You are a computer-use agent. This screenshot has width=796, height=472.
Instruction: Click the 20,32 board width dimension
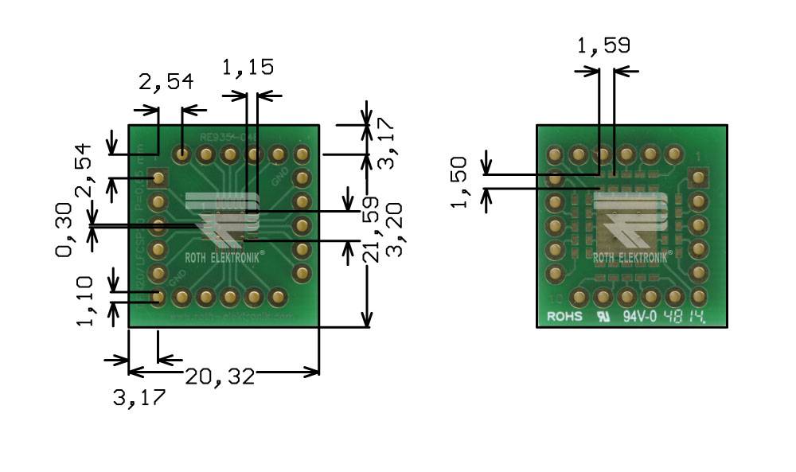tap(220, 376)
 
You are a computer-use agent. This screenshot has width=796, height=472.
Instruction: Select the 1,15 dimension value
tap(248, 67)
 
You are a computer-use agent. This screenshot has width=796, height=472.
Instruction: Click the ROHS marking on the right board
tap(564, 317)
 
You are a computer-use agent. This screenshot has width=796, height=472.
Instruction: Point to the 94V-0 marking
tap(638, 317)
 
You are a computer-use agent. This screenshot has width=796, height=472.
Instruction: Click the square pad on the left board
tap(158, 177)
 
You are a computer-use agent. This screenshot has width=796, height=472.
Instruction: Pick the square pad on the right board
tap(698, 177)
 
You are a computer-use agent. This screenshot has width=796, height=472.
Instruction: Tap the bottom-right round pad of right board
tap(698, 298)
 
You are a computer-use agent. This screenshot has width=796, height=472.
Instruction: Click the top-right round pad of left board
tap(302, 154)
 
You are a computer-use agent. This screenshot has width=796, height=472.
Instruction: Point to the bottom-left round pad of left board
tap(158, 298)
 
